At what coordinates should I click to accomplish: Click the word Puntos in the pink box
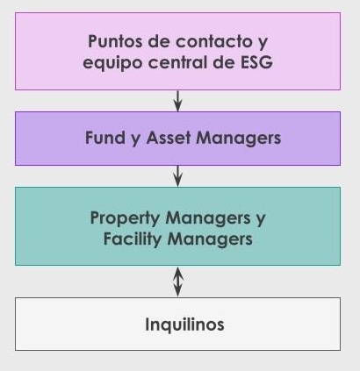(x=114, y=41)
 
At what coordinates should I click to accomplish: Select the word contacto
(x=214, y=41)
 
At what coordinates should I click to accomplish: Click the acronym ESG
(x=256, y=62)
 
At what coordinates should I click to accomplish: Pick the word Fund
(x=105, y=138)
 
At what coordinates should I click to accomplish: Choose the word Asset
(x=169, y=138)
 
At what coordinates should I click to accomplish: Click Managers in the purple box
(x=239, y=139)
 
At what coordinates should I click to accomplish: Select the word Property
(x=125, y=218)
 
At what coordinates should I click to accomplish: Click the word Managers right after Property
(x=208, y=218)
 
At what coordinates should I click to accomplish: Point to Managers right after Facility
(x=210, y=239)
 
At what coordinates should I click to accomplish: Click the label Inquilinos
(x=184, y=325)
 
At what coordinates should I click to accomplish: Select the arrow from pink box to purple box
(x=177, y=101)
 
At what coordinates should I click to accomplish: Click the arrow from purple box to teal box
(x=177, y=176)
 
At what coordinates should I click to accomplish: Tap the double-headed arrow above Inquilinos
(x=178, y=282)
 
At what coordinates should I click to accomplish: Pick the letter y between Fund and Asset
(x=135, y=139)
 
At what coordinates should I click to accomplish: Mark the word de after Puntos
(x=158, y=41)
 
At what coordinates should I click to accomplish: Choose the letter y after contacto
(x=263, y=43)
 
